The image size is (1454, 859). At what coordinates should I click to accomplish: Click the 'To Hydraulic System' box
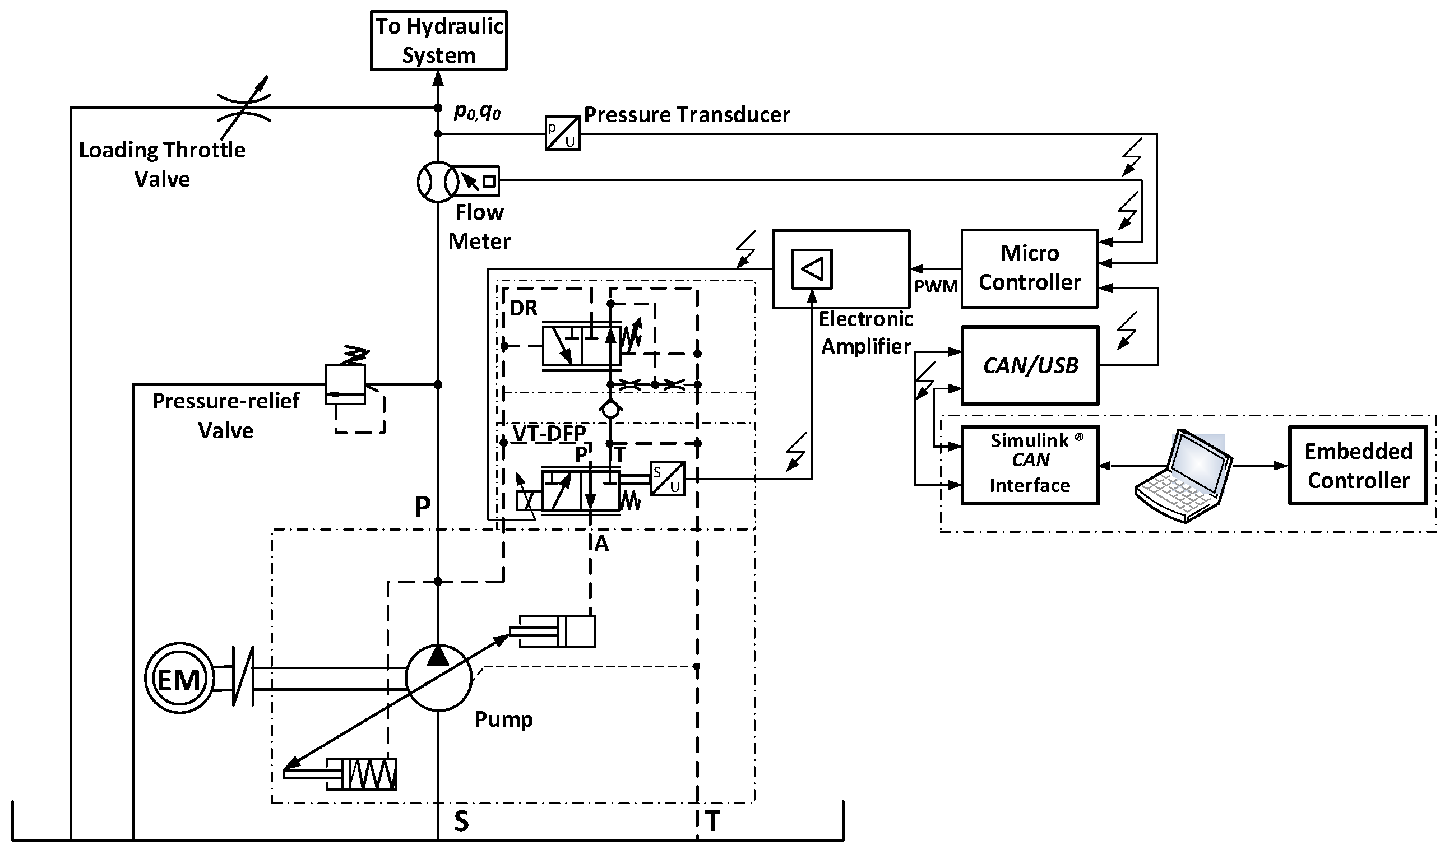click(438, 40)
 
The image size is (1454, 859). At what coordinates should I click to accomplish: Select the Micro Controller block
click(1029, 268)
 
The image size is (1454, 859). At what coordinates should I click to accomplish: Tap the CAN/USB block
click(1030, 365)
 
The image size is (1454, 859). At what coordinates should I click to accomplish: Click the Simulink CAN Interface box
click(1030, 466)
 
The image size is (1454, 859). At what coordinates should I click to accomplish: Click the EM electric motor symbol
click(179, 679)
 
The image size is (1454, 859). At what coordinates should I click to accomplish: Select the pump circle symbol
click(438, 677)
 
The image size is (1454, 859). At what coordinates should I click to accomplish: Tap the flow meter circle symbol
click(438, 182)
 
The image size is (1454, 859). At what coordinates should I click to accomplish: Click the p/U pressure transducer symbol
click(562, 134)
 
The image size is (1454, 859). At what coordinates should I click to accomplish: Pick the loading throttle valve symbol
click(244, 108)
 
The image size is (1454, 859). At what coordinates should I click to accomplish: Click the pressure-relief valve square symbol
click(345, 384)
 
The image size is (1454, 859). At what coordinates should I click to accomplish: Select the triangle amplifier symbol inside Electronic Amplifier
click(812, 269)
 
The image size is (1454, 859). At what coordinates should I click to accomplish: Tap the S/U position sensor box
click(667, 479)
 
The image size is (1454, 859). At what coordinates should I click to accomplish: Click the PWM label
click(935, 286)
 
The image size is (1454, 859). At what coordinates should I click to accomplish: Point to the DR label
click(524, 308)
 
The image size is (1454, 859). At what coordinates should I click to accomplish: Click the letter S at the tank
click(461, 821)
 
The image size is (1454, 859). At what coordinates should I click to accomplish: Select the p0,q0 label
click(477, 112)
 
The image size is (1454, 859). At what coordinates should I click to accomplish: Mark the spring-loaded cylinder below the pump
click(362, 774)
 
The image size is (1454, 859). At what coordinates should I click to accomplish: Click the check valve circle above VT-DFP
click(610, 409)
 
